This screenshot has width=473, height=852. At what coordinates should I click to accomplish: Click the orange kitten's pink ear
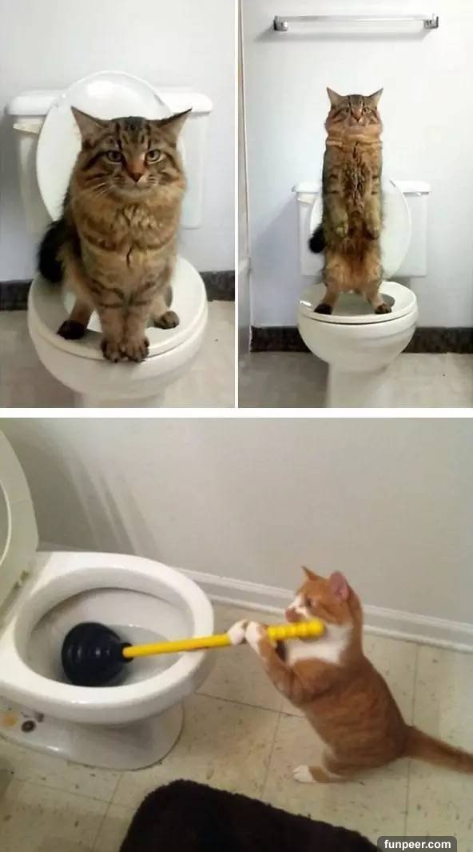point(339,586)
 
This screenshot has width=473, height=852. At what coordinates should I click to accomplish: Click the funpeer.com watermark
point(416,844)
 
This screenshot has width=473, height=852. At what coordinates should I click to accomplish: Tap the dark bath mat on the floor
point(244,818)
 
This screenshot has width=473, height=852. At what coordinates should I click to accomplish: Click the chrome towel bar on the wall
point(356,22)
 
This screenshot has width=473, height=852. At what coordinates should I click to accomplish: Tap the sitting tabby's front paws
point(125,348)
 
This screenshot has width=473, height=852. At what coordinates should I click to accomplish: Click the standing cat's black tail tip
point(316,239)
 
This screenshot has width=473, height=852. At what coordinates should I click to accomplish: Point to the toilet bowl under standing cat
point(358,337)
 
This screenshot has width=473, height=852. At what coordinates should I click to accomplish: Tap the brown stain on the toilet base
point(10,719)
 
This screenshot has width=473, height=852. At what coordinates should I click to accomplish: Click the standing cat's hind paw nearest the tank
point(324,309)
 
